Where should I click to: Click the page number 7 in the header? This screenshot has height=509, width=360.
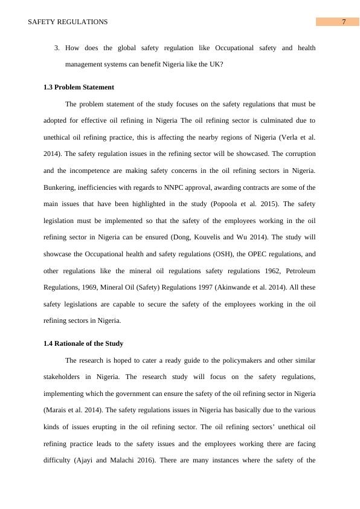[344, 22]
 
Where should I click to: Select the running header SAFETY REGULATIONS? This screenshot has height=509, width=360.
[68, 22]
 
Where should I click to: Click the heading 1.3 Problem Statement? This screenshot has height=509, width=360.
[79, 87]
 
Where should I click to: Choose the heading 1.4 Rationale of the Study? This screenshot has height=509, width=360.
[83, 343]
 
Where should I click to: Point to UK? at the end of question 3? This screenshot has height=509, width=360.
[216, 64]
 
